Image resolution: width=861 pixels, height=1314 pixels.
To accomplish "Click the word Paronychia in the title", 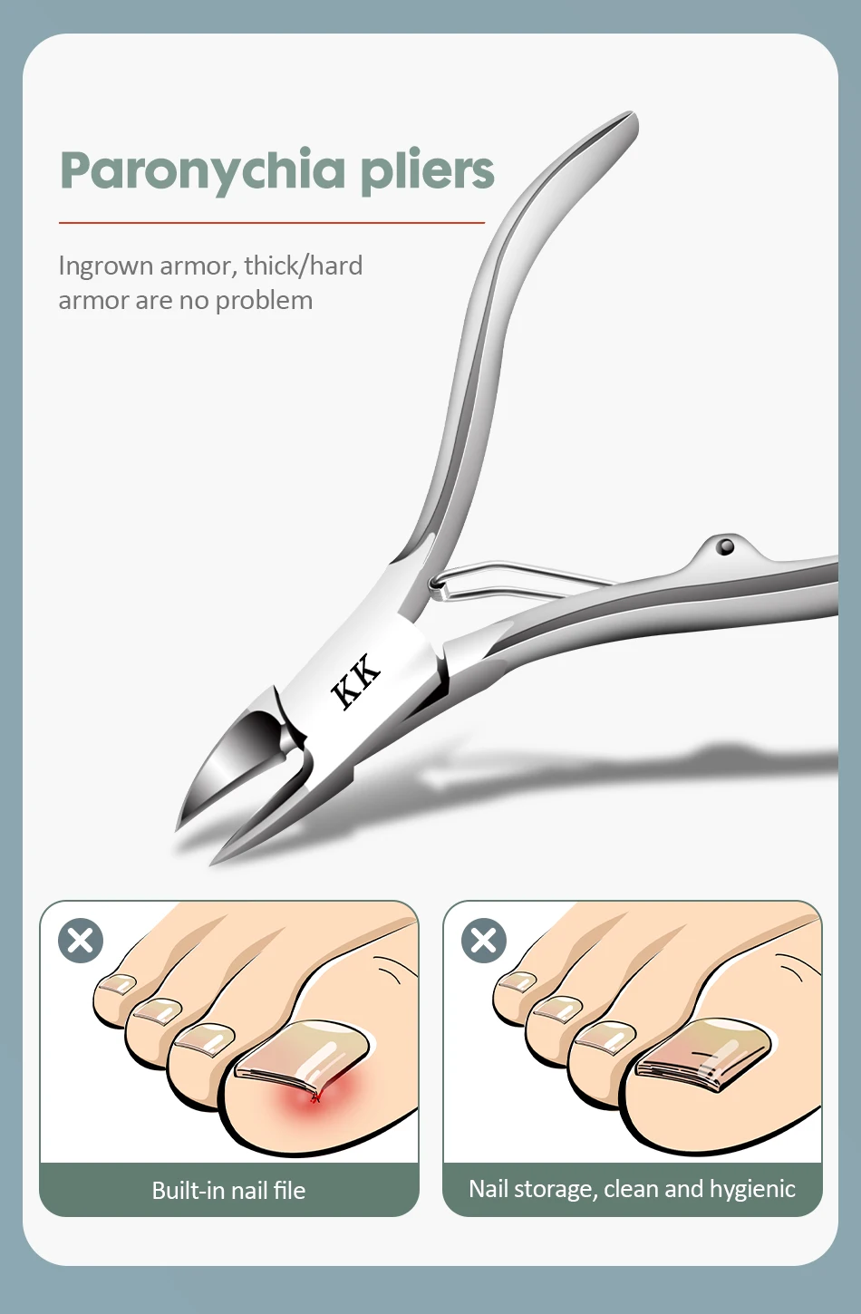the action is (203, 171).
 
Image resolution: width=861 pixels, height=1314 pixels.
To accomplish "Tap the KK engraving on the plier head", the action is (356, 681).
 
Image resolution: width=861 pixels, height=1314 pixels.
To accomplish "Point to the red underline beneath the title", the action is (272, 223).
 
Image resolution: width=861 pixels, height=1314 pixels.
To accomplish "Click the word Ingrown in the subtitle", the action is (105, 266).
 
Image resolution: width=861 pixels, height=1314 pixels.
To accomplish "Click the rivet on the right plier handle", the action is (726, 546).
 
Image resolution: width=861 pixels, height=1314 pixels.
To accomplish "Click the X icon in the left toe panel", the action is (81, 941).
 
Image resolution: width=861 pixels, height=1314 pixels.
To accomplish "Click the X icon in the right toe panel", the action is (484, 941).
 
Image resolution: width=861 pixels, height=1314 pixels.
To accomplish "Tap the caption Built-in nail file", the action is (228, 1190).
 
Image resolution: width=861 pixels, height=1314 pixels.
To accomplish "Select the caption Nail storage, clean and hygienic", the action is (633, 1188).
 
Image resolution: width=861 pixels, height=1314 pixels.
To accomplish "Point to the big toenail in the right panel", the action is (704, 1054).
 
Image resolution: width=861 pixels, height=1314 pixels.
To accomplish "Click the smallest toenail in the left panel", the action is (117, 984).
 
